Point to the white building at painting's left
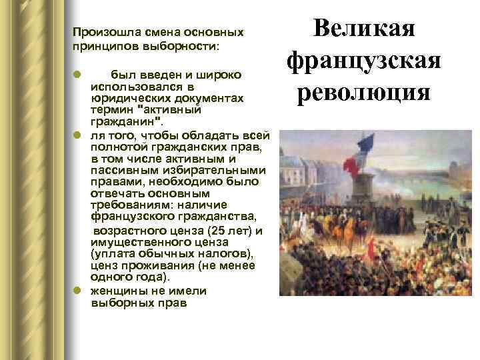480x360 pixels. coord(294,167)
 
